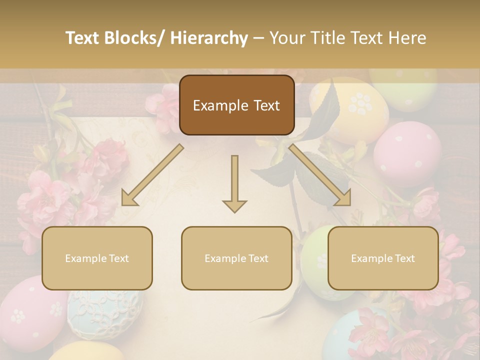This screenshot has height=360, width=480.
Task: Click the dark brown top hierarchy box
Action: (x=236, y=105)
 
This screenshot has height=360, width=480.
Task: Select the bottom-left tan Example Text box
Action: (x=97, y=258)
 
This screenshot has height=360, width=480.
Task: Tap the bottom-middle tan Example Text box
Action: (x=236, y=258)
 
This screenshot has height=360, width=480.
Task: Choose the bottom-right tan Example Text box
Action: (x=383, y=258)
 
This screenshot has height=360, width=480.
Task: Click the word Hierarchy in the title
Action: (x=209, y=38)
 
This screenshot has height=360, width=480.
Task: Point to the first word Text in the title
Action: (x=83, y=38)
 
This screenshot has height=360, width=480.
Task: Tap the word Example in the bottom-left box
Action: (x=85, y=258)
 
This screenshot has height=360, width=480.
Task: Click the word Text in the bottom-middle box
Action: (x=257, y=258)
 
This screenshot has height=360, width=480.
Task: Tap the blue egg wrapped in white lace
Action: (x=102, y=312)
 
